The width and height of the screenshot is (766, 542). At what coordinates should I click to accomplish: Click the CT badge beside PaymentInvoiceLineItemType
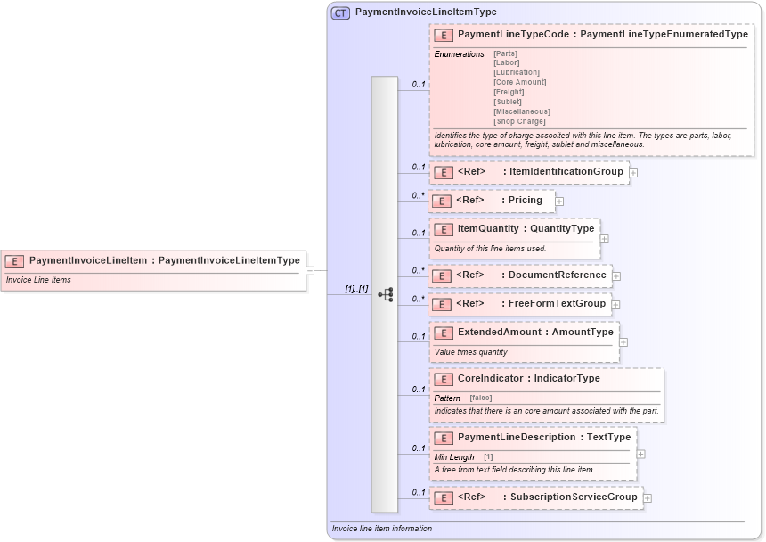coord(340,12)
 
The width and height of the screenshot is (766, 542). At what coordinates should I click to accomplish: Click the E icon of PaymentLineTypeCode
coord(444,36)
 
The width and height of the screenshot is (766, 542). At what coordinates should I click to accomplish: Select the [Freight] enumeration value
coord(509,92)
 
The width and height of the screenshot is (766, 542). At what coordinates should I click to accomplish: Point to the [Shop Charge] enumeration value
coord(519,121)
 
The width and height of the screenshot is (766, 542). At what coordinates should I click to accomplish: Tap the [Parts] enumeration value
coord(505,53)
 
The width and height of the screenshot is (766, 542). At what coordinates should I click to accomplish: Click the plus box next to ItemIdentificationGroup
coord(633,172)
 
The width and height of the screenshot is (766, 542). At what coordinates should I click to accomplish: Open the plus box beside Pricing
coord(559,201)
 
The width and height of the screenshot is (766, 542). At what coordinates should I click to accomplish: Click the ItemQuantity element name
coord(487,228)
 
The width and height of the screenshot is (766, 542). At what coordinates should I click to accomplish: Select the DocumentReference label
coord(557,275)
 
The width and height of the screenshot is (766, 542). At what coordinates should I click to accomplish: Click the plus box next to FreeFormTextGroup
coord(615,305)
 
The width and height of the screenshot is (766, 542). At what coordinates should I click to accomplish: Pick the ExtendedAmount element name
coord(499,332)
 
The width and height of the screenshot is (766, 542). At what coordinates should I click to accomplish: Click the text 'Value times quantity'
coord(470,352)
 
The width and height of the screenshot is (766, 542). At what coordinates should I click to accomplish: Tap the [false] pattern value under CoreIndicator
coord(480,398)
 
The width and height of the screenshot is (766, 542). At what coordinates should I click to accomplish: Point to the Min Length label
coord(454,457)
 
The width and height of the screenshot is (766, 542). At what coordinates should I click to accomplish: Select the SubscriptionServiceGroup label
coord(574,497)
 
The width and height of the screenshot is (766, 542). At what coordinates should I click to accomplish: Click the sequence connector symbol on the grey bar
coord(385,294)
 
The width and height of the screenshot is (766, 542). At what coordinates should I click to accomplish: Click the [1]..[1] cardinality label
coord(356,289)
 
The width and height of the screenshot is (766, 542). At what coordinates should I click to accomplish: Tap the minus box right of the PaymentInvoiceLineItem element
coord(309,269)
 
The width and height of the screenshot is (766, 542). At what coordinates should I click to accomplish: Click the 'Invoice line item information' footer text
coord(382,529)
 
